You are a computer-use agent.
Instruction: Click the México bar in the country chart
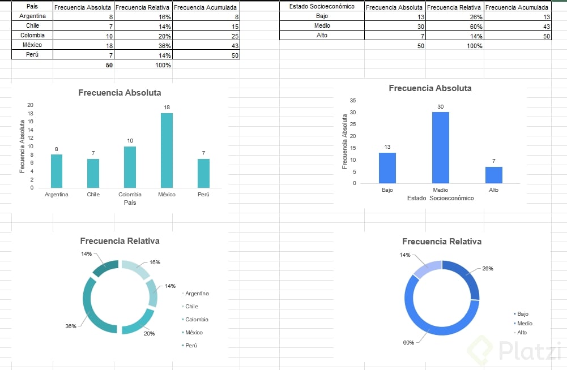coord(167,150)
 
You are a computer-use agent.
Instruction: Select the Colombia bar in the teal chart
coord(130,167)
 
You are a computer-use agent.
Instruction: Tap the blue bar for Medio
coord(440,148)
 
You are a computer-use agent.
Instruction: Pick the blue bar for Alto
coord(493,175)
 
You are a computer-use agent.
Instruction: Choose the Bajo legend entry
coord(522,313)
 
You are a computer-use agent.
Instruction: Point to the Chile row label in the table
coord(32,25)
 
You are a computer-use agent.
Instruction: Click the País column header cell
coord(32,6)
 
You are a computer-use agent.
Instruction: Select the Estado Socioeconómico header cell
coord(322,6)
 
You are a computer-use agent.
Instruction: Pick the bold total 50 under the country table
coord(109,65)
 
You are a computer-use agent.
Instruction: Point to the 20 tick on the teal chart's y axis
coord(31,105)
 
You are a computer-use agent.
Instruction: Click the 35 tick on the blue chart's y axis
coord(352,101)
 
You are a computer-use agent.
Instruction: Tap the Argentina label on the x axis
coord(57,195)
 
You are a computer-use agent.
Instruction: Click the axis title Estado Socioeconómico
coord(440,199)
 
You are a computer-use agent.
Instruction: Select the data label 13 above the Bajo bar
coord(387,147)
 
